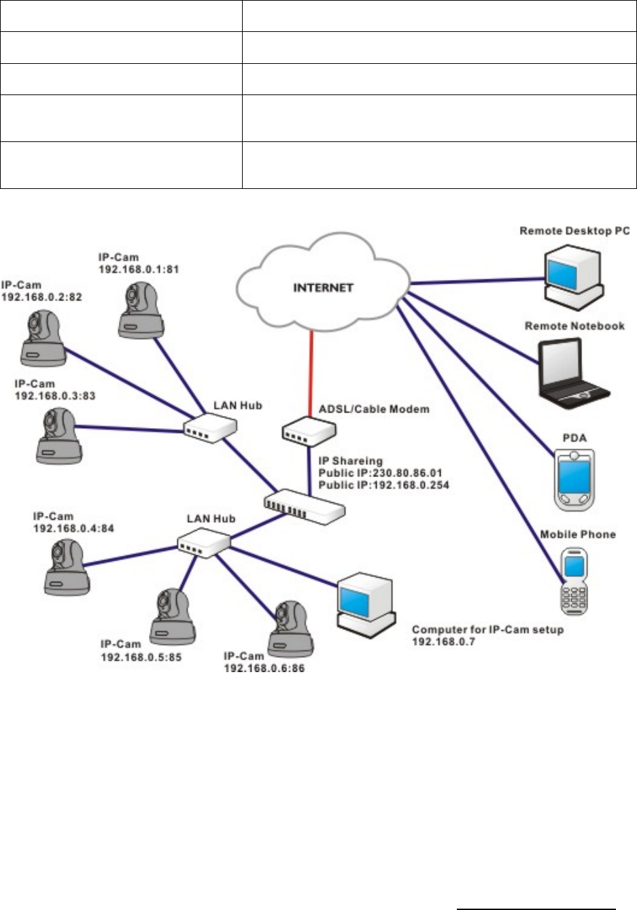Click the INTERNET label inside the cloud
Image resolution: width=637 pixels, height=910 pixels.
tap(323, 287)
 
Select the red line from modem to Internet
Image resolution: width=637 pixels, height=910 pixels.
tap(311, 374)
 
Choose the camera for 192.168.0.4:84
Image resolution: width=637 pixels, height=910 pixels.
tap(66, 564)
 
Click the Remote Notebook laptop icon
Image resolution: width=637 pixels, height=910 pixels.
tap(573, 370)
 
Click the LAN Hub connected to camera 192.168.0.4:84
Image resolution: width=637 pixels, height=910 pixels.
tap(203, 542)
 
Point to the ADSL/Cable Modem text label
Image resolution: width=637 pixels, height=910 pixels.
tap(374, 408)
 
